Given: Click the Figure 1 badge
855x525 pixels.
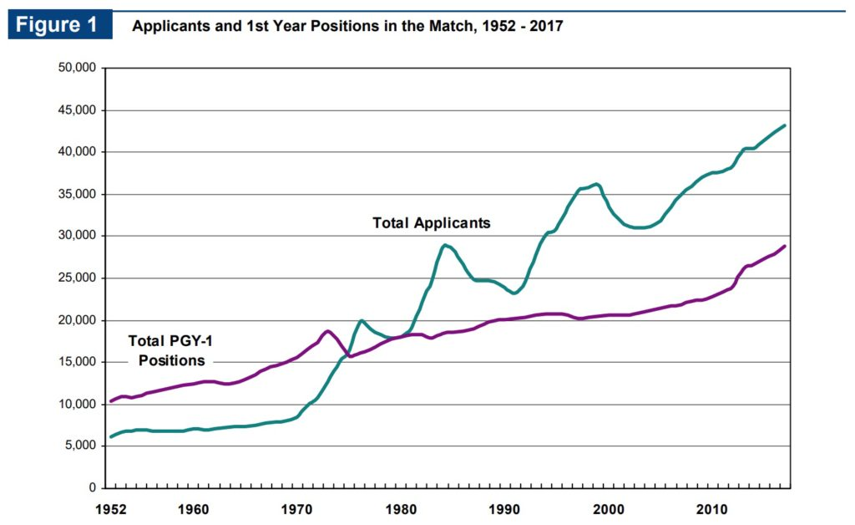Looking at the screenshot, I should [59, 25].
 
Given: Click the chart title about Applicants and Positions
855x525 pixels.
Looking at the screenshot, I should [347, 26].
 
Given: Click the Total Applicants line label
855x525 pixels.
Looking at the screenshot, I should [431, 223].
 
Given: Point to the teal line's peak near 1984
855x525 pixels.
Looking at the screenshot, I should [446, 245].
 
